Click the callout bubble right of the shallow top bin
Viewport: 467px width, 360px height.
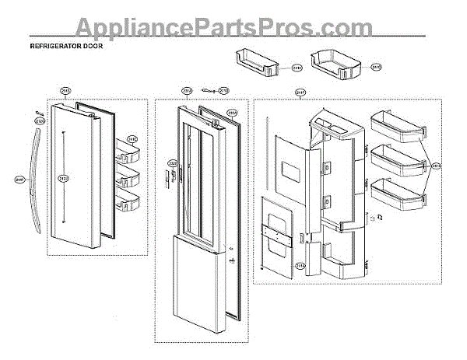(297, 68)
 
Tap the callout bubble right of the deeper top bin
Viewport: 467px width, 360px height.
(377, 67)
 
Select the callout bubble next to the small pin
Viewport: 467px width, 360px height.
(223, 90)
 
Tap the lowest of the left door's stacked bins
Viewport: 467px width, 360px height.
(127, 204)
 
